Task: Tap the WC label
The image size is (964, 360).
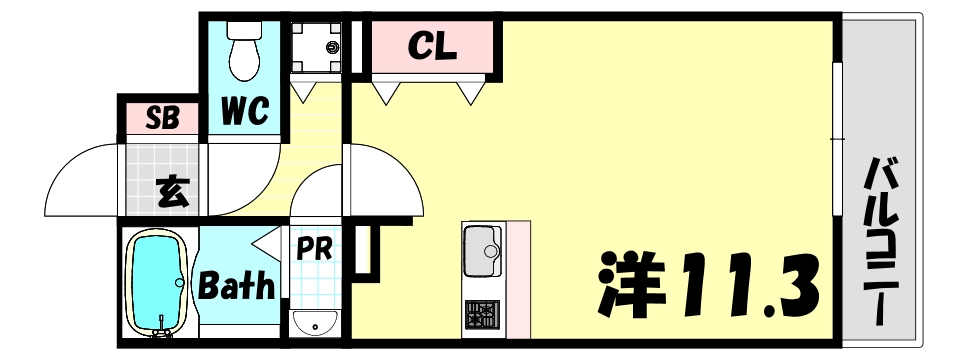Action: coord(245,112)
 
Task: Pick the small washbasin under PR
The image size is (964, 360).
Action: coord(316,323)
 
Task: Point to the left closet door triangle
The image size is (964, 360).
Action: coord(387,92)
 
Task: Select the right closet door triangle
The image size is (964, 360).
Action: coord(471,92)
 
